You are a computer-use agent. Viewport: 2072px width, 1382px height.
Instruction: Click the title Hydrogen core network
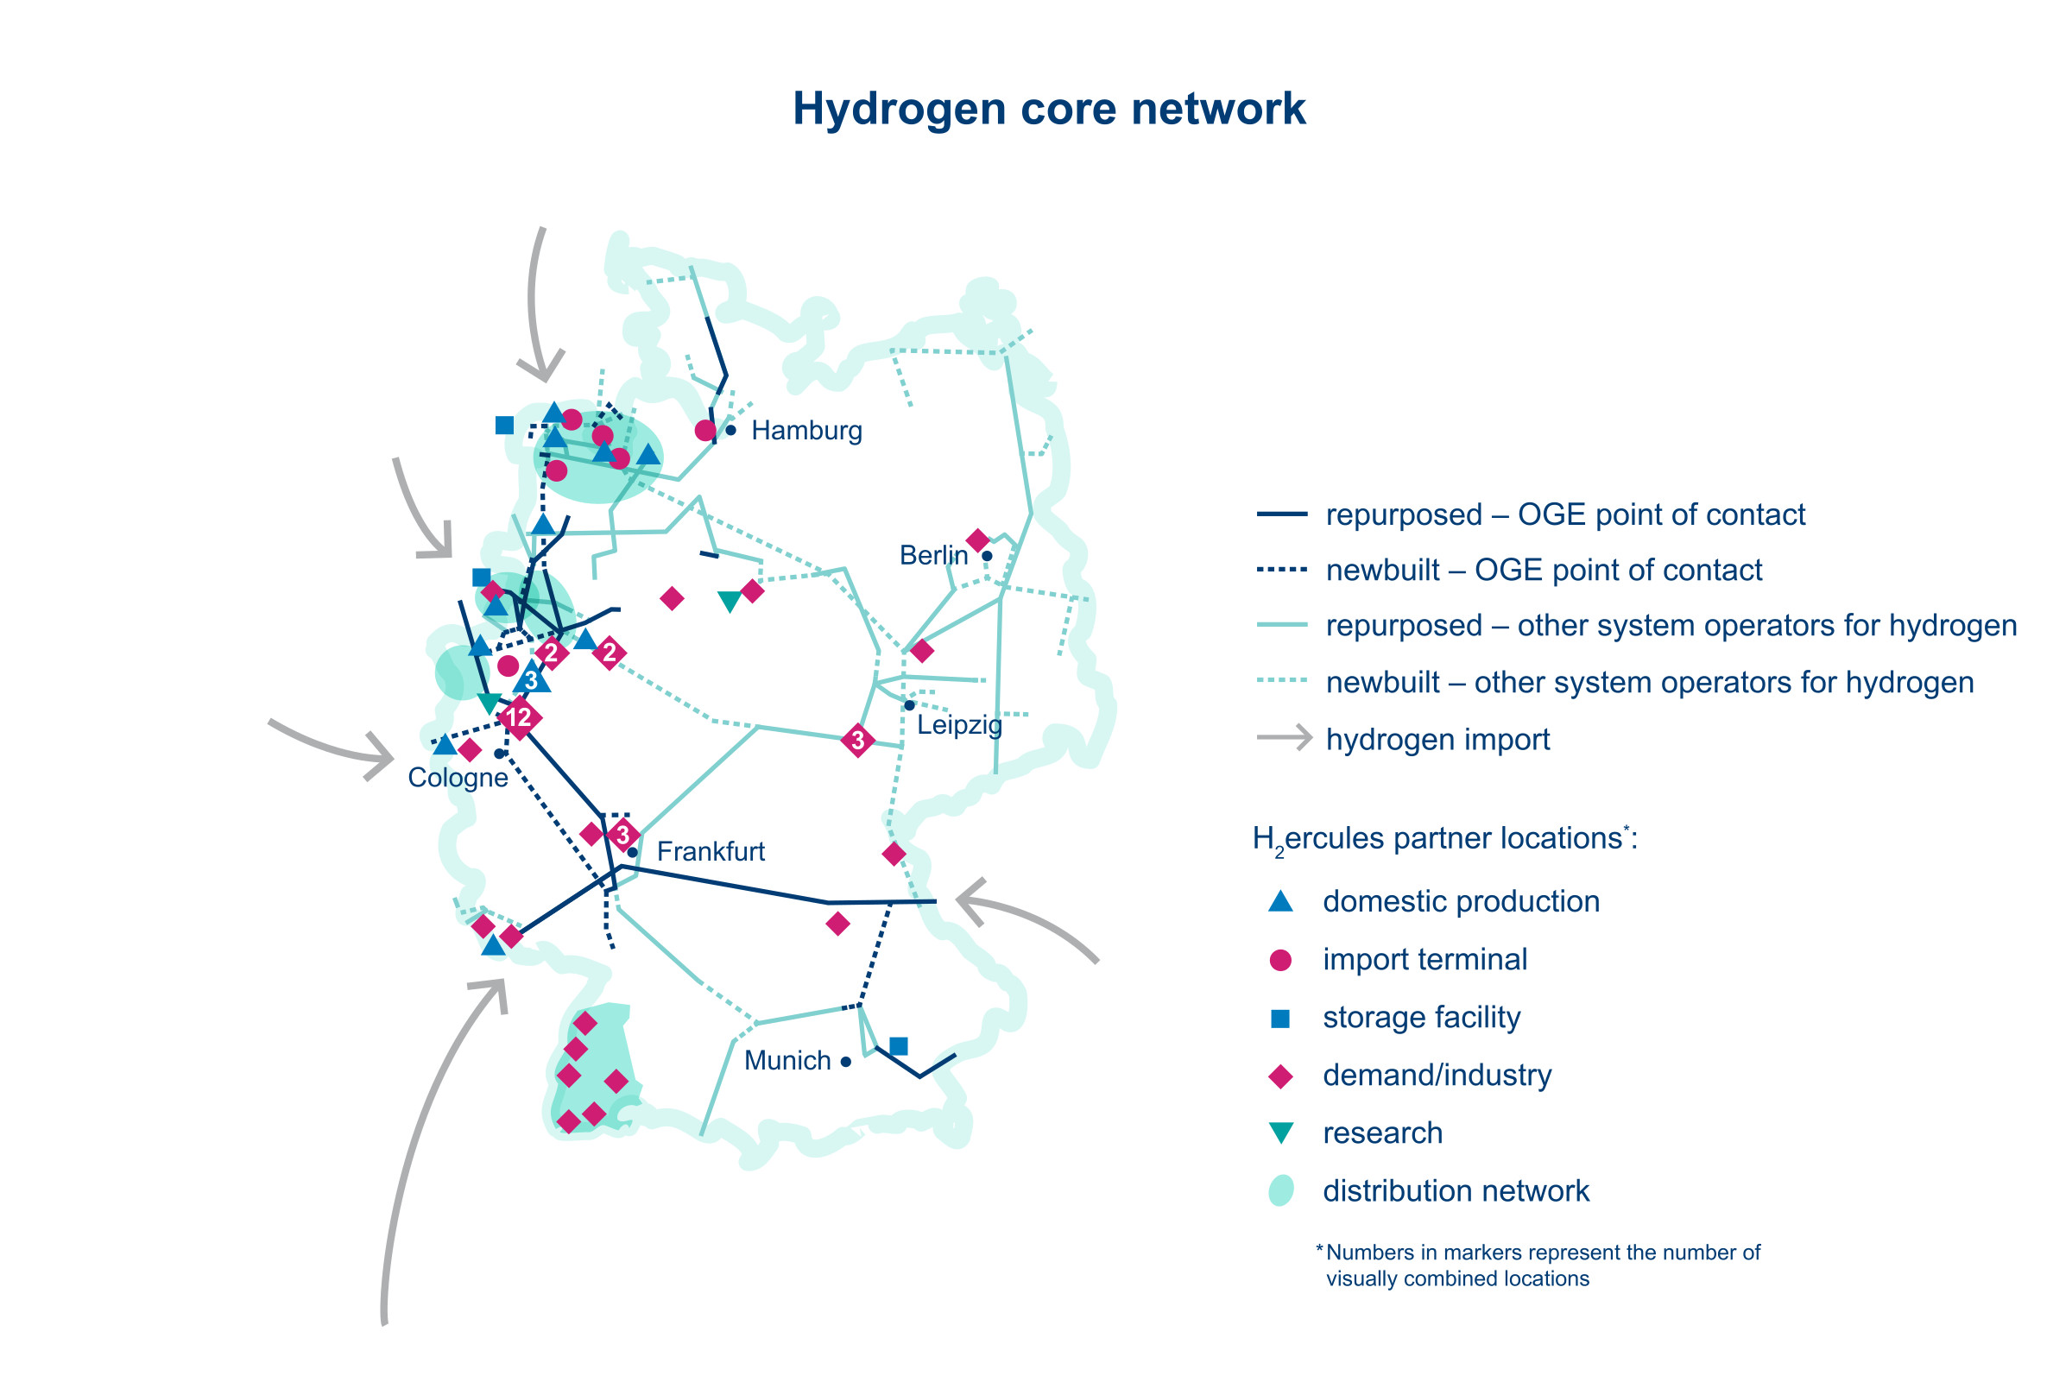coord(1048,110)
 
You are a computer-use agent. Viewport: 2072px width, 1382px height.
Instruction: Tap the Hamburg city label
coord(806,431)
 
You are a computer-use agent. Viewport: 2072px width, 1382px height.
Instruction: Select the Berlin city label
coord(933,556)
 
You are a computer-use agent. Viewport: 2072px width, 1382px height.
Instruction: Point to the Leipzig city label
coord(960,725)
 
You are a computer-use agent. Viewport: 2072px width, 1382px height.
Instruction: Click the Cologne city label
coord(458,779)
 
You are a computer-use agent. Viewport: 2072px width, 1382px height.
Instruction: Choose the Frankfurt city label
coord(711,852)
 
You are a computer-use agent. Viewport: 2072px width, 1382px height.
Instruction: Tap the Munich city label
coord(787,1061)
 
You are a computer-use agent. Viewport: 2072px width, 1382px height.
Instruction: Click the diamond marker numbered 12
coord(519,717)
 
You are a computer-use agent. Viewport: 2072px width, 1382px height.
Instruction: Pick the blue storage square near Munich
coord(899,1046)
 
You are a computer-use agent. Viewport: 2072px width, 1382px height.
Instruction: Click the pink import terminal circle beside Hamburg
coord(705,431)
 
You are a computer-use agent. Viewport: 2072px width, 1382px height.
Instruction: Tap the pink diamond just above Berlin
coord(977,540)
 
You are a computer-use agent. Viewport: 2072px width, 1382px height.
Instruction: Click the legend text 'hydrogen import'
coord(1437,740)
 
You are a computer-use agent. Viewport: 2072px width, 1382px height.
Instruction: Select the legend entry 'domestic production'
coord(1461,902)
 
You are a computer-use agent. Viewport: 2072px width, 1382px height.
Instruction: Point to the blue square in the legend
coord(1280,1019)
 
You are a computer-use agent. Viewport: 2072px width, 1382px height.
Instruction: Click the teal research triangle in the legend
coord(1280,1133)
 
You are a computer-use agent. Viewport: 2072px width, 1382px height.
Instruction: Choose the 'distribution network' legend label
coord(1456,1191)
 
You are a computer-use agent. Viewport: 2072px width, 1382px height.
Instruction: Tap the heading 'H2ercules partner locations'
coord(1443,839)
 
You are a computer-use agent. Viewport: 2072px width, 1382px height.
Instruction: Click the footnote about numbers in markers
coord(1538,1265)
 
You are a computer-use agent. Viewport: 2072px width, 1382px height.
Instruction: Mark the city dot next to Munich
coord(846,1062)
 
